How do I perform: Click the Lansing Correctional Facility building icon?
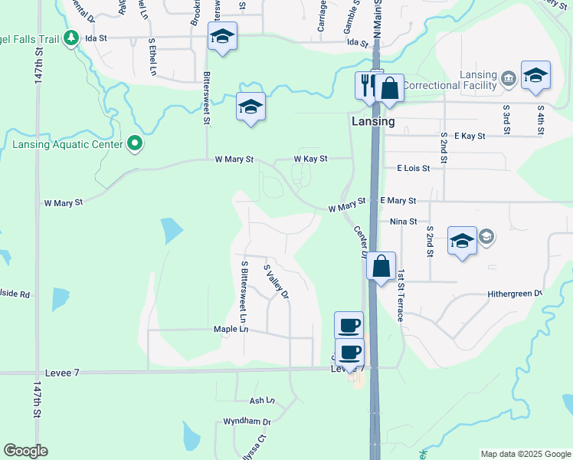pos(508,78)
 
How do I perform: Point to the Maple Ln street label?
pos(232,329)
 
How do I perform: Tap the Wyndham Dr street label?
pos(247,422)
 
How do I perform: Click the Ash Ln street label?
pos(261,400)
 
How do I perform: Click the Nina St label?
pos(402,221)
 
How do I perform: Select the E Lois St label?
pos(414,168)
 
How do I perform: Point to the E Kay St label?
pos(470,136)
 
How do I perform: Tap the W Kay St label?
pos(310,159)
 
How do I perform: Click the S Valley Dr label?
pos(277,282)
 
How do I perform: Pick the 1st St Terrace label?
pos(399,295)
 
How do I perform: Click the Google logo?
pos(25,451)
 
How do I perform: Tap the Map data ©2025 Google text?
pos(525,454)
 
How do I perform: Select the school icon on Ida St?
pos(222,36)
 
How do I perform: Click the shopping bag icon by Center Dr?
pos(381,267)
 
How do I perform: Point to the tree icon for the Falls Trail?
pos(71,37)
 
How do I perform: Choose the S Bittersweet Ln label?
pos(244,292)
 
